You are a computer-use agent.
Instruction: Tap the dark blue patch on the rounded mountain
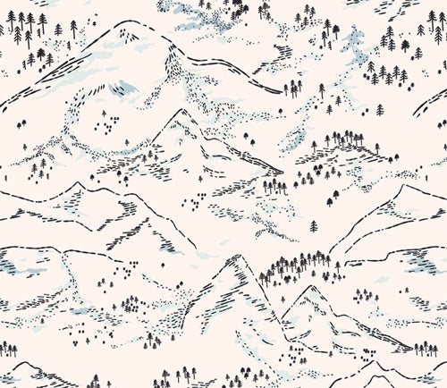pyautogui.click(x=124, y=88)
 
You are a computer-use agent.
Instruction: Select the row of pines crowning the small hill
pyautogui.click(x=344, y=139)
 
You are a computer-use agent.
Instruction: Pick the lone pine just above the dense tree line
pyautogui.click(x=314, y=227)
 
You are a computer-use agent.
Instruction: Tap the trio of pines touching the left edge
pyautogui.click(x=8, y=348)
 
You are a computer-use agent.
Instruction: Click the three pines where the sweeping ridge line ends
pyautogui.click(x=291, y=88)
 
